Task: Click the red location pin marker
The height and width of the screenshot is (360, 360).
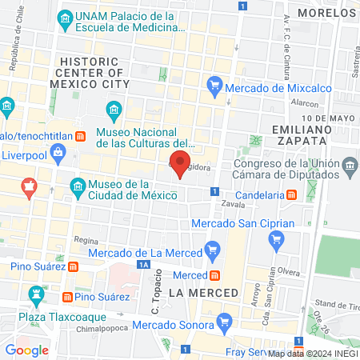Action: [x=178, y=163]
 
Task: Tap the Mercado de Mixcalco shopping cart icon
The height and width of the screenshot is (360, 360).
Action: [x=214, y=84]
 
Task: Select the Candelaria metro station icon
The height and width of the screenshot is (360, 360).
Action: [x=293, y=194]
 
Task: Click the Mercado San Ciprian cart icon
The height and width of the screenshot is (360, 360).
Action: [x=277, y=238]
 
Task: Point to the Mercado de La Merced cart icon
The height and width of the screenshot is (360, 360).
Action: [x=211, y=250]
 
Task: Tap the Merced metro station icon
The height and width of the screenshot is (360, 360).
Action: [x=211, y=274]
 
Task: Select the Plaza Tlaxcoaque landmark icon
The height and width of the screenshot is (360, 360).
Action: [x=34, y=298]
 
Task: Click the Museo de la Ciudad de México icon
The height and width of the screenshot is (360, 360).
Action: [x=78, y=188]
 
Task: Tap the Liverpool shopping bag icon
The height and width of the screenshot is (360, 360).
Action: [x=58, y=151]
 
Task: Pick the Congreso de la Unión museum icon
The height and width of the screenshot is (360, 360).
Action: [x=350, y=167]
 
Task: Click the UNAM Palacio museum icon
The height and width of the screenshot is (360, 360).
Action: [x=61, y=19]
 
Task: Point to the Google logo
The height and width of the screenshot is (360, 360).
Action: [x=27, y=350]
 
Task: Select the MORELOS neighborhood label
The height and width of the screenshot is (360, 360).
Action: [x=326, y=13]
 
